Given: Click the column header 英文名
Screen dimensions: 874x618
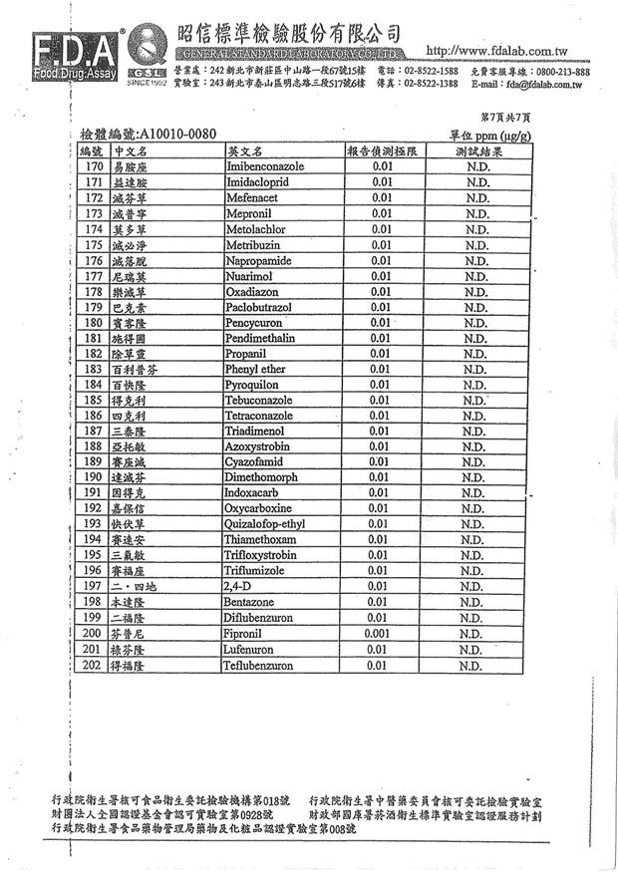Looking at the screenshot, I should click(243, 151).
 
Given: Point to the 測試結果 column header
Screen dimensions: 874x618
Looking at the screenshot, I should click(477, 151).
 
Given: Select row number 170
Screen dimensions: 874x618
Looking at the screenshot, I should click(92, 167).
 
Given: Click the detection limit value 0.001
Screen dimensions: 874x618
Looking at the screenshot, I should click(378, 633).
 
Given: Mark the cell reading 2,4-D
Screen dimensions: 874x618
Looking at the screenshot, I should click(240, 586).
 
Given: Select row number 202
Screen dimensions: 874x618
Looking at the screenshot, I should click(92, 665).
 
